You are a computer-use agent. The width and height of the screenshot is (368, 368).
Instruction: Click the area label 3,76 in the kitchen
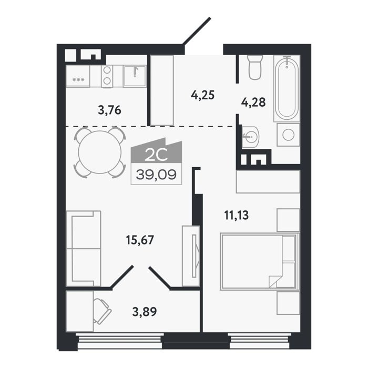click(109, 110)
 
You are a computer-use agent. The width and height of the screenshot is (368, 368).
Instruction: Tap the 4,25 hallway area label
click(203, 95)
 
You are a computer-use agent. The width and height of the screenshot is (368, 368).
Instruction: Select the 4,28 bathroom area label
click(253, 103)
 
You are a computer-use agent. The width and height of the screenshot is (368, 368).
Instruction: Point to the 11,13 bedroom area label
click(237, 215)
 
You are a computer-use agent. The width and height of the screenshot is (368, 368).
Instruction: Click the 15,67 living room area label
click(140, 240)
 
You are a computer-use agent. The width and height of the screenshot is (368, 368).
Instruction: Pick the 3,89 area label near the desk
click(145, 312)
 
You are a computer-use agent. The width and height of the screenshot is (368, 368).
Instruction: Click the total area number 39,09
click(156, 175)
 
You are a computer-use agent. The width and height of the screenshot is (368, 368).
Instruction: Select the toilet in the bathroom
click(254, 67)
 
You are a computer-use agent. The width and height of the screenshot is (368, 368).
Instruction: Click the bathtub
click(287, 88)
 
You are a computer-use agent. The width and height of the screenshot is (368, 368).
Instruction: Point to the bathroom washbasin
click(250, 136)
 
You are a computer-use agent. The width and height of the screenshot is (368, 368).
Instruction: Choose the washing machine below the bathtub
click(289, 135)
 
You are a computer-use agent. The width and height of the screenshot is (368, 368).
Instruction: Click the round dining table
click(100, 152)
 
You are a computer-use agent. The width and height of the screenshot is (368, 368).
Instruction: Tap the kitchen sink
click(135, 76)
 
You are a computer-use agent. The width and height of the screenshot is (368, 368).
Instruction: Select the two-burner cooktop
click(107, 76)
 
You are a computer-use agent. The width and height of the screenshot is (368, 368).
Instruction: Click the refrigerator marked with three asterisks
click(78, 76)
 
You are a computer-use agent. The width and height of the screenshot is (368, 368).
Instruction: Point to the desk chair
click(102, 311)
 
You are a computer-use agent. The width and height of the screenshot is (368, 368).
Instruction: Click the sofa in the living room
click(84, 248)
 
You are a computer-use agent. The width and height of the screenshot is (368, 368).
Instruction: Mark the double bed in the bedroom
click(260, 261)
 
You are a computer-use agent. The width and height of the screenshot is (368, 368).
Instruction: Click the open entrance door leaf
click(197, 31)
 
